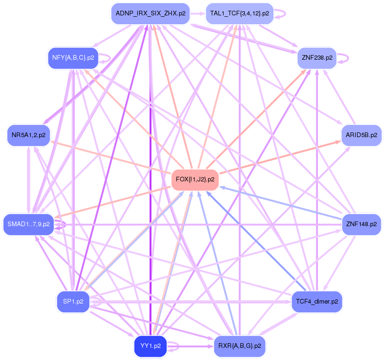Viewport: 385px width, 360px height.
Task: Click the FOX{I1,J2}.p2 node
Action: [195, 179]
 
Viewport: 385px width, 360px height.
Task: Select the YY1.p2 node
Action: [150, 346]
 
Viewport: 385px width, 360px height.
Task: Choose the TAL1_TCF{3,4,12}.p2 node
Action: [239, 14]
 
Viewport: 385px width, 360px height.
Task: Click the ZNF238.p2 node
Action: [317, 58]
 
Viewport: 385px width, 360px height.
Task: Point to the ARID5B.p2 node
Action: [361, 135]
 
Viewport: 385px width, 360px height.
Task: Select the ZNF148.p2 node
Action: [361, 224]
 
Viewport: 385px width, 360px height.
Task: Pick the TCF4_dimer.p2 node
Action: [316, 302]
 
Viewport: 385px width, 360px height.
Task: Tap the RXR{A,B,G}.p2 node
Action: [239, 346]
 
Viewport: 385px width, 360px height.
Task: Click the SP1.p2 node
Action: [73, 301]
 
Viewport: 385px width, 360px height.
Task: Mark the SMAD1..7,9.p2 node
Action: [28, 224]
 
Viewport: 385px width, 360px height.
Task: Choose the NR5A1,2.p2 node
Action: [28, 135]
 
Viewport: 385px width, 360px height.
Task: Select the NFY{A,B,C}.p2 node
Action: [73, 58]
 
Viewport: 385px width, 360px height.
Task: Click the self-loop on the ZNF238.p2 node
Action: [348, 58]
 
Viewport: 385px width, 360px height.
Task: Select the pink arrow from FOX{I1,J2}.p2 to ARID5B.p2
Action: [280, 157]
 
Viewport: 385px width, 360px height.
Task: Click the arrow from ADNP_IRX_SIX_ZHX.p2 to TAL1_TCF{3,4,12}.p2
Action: [197, 14]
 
